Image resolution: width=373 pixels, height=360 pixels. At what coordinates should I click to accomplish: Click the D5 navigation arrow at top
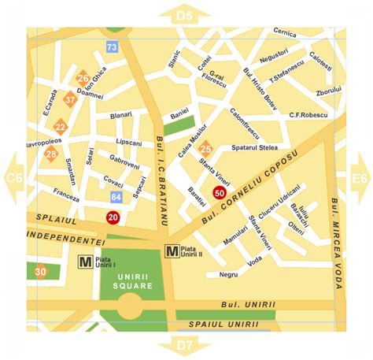(186, 14)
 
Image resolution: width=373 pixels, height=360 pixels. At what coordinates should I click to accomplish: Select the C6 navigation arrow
(13, 179)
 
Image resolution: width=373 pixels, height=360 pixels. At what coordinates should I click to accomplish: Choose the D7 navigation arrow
(186, 345)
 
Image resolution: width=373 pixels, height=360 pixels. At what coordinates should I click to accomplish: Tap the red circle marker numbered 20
(113, 217)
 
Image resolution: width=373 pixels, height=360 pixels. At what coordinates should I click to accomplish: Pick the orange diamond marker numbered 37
(71, 99)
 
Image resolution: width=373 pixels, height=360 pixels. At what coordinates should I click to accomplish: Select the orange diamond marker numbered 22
(61, 126)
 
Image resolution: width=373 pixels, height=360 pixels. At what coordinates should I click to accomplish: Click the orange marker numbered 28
(51, 154)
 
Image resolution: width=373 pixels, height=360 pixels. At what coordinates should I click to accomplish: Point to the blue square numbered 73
(113, 47)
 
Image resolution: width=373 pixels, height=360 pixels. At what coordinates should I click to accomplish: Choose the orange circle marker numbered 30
(40, 272)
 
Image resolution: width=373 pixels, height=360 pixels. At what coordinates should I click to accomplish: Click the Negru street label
(228, 275)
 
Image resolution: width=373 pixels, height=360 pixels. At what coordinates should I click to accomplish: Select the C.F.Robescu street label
(308, 115)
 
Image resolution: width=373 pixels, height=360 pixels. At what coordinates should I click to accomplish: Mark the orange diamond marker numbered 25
(205, 148)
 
